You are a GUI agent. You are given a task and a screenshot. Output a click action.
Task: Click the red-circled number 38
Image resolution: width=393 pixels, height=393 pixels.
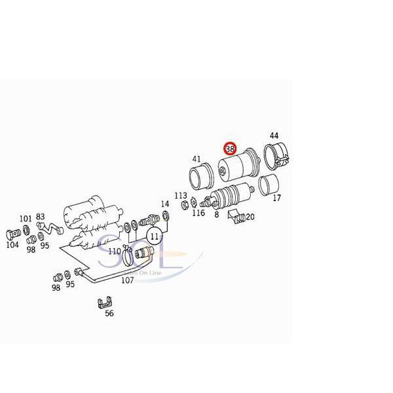[x=229, y=149]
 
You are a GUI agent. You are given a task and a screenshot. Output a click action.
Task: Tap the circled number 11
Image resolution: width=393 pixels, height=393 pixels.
[x=155, y=235]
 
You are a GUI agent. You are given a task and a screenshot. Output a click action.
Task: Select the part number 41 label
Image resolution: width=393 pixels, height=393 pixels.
[x=196, y=159]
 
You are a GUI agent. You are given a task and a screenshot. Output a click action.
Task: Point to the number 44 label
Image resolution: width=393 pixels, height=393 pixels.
[x=274, y=136]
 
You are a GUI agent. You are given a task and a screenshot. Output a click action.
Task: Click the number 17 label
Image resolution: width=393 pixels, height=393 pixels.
[x=277, y=197]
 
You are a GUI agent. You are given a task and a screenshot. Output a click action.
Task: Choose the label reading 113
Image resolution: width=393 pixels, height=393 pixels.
[x=181, y=196]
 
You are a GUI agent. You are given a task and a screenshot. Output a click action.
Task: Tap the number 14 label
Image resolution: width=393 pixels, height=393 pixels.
[x=165, y=204]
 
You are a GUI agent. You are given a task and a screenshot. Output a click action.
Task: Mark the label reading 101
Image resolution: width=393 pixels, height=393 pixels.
[x=26, y=219]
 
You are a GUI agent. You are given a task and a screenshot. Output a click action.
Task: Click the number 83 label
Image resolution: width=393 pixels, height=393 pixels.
[x=41, y=217]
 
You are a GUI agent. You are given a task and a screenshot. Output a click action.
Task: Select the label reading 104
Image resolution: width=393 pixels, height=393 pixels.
[x=12, y=245]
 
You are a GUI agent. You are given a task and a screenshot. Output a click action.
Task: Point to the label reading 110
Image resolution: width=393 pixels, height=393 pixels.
[x=115, y=252]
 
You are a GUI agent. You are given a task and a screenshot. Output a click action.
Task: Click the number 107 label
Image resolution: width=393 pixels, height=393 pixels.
[x=127, y=280]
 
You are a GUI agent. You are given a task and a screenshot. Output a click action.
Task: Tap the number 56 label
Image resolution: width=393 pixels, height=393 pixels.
[x=109, y=313]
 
